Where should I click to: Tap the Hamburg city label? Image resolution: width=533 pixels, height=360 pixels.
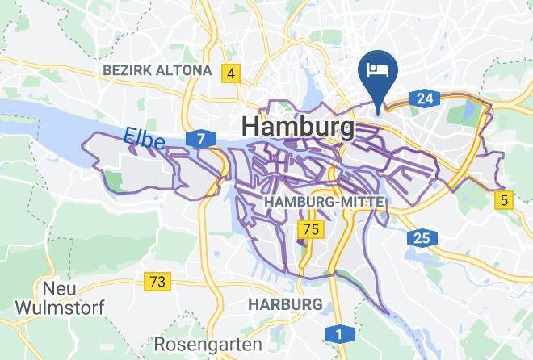(297, 128)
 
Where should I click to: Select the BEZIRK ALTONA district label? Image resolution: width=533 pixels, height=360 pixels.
(157, 71)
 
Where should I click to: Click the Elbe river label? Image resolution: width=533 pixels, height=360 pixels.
(145, 139)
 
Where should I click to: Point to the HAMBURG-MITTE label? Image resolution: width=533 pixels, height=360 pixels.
(323, 200)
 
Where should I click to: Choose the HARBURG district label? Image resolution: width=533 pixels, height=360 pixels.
(285, 303)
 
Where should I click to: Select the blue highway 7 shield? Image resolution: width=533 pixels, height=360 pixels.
(200, 140)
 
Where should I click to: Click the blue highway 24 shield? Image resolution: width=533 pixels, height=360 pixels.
(423, 98)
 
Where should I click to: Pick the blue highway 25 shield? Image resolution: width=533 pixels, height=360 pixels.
(422, 237)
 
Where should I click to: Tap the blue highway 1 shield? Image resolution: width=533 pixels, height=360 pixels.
(339, 333)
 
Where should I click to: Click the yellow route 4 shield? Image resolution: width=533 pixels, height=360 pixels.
(232, 73)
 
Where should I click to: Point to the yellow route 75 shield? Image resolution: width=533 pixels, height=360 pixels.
(310, 230)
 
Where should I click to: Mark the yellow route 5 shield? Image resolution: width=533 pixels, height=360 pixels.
(505, 199)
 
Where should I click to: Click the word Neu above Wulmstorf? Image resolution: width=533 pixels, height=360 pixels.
(59, 288)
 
